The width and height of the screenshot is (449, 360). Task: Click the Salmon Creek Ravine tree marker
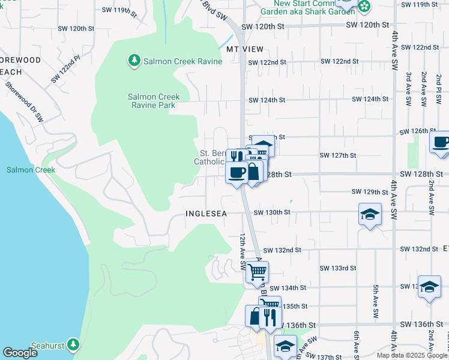133,61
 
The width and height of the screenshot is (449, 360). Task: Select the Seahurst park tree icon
73,344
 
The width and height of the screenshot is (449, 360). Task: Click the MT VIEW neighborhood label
245,49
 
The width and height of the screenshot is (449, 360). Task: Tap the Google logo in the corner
20,353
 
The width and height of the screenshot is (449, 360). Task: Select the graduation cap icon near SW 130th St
370,214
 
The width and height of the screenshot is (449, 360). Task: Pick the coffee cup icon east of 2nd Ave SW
441,143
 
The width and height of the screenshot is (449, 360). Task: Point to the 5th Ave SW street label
375,301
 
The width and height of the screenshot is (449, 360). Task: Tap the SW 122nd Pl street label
65,68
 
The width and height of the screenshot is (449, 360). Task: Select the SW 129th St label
370,192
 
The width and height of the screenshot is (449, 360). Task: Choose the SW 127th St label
338,155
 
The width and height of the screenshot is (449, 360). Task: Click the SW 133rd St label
338,268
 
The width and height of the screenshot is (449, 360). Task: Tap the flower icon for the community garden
364,6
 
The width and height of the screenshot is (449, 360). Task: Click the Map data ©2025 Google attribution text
412,355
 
